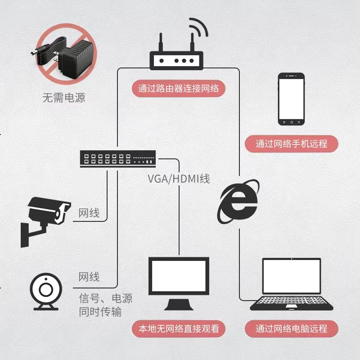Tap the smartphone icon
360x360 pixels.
coord(291,99)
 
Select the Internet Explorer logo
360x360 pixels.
coord(239,202)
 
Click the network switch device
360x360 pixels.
coord(117,158)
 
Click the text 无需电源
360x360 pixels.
coord(63,97)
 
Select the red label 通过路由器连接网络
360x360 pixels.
coord(179,88)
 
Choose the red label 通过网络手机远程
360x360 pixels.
coord(291,144)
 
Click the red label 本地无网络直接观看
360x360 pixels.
coord(179,328)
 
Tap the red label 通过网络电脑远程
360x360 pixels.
coord(291,328)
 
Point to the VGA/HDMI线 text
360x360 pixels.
coord(179,179)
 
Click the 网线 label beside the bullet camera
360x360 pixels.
coord(89,213)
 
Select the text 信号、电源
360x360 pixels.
coord(106,299)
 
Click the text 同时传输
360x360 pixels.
coord(100,311)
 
